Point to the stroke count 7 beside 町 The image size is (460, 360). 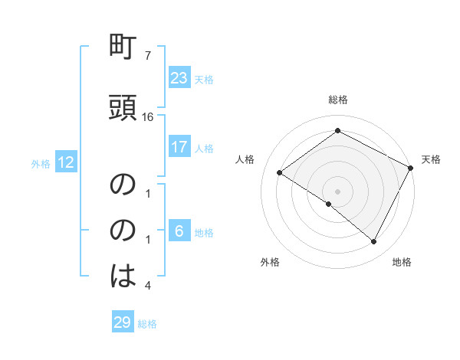[x=147, y=56]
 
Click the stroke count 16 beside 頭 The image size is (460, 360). [x=148, y=116]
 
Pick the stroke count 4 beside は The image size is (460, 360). [x=147, y=286]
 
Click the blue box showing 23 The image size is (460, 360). [x=179, y=77]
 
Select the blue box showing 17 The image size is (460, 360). [x=179, y=147]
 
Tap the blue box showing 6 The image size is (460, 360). [x=179, y=231]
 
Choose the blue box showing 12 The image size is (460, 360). [x=65, y=162]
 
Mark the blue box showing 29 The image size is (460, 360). [x=123, y=322]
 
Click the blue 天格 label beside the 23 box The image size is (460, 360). [x=204, y=79]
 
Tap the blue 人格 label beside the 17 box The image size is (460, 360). [x=204, y=148]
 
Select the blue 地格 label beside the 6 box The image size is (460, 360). [x=204, y=232]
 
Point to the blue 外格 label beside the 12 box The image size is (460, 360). [x=41, y=163]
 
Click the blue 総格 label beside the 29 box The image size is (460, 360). [x=147, y=324]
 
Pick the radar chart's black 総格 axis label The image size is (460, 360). [x=337, y=100]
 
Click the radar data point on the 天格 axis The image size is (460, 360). [x=411, y=168]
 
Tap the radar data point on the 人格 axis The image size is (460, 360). [x=280, y=172]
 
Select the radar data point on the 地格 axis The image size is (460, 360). [x=374, y=242]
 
